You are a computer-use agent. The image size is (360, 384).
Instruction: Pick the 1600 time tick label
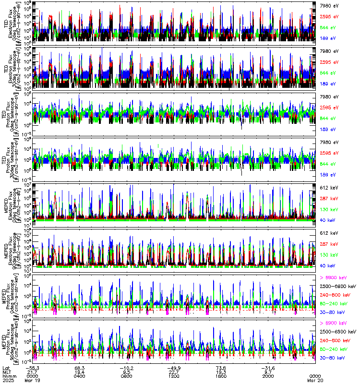221,375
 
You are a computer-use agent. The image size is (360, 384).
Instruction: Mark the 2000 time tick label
268,375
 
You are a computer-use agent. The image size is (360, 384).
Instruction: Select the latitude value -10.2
127,367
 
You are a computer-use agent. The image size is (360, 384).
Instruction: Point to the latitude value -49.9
173,367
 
